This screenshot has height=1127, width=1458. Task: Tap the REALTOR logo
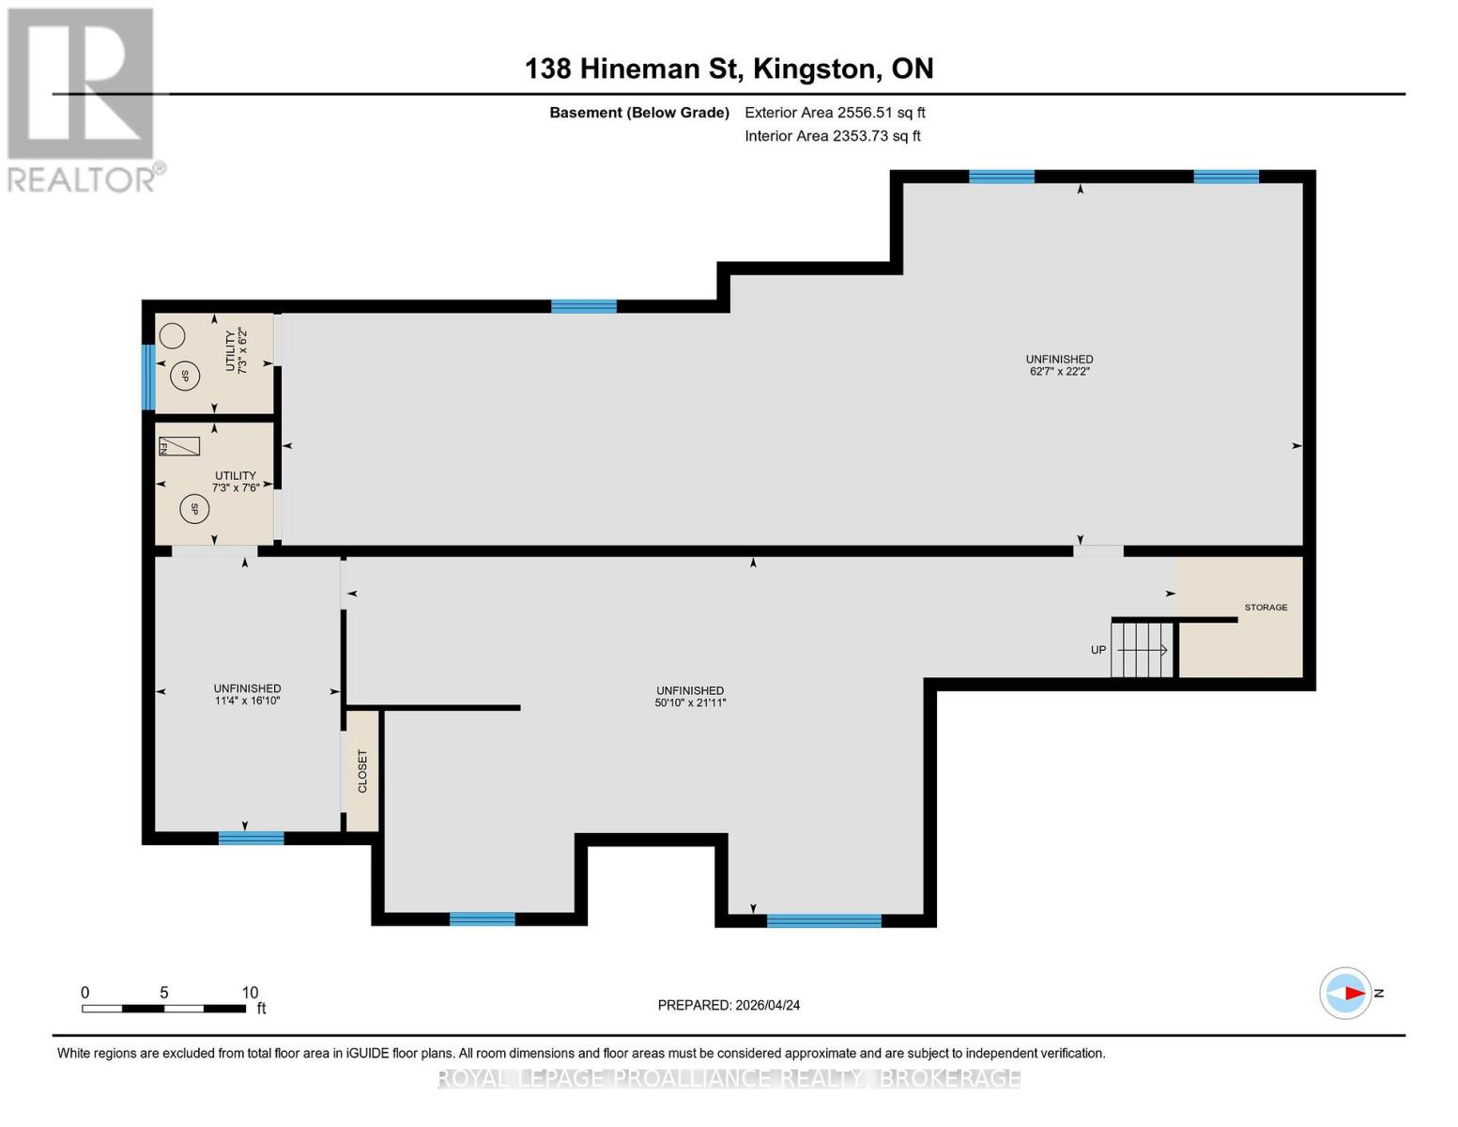click(84, 100)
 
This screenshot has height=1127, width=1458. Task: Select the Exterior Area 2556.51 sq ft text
click(835, 113)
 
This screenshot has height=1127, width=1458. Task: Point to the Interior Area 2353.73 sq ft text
click(832, 136)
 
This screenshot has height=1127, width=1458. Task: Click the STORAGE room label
click(1266, 608)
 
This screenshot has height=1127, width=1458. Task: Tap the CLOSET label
click(362, 771)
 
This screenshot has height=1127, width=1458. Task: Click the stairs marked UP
click(1142, 650)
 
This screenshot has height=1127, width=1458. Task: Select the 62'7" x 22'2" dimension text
click(1059, 371)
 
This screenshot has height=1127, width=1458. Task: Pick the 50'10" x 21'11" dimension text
click(690, 702)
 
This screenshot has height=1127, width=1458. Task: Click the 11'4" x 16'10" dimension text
click(247, 701)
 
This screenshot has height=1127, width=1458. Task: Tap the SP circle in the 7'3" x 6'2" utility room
click(185, 377)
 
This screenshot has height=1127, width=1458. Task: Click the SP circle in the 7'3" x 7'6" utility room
click(194, 509)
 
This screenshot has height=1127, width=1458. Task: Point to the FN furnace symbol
click(179, 446)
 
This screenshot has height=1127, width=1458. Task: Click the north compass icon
click(1345, 994)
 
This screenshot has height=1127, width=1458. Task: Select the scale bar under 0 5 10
click(163, 1009)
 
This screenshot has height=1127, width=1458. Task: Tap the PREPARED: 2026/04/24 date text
click(729, 1005)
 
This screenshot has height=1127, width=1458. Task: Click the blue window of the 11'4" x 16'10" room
click(251, 838)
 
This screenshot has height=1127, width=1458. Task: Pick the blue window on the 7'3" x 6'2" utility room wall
click(148, 377)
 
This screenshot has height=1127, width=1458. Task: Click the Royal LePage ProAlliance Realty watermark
click(729, 1078)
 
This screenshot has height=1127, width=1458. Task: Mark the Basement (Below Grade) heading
click(639, 113)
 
